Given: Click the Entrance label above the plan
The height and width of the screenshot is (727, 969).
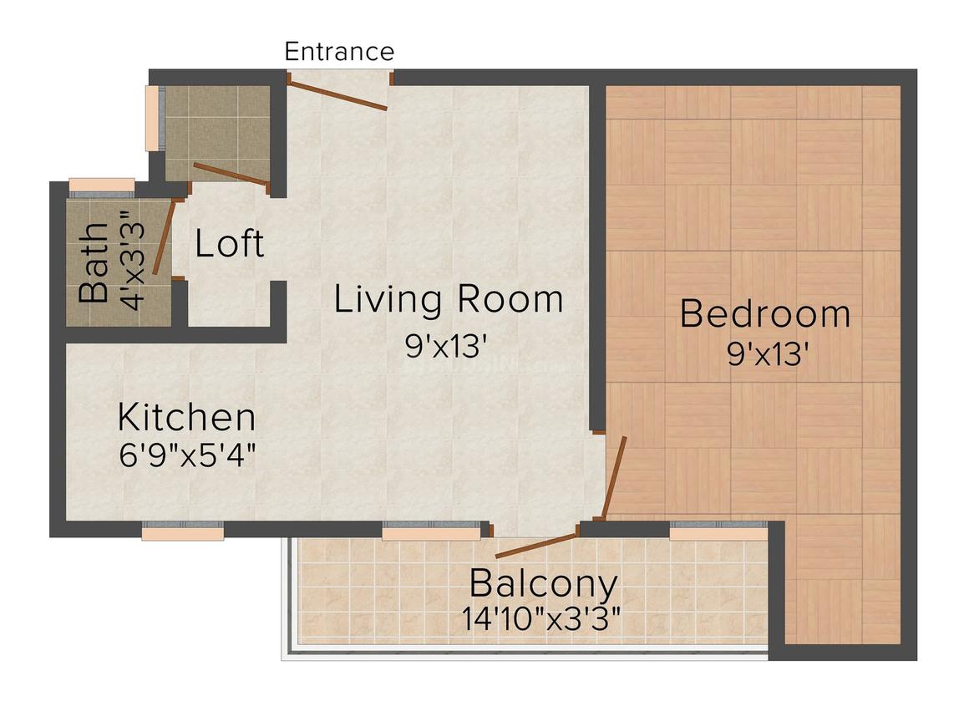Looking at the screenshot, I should point(339,52).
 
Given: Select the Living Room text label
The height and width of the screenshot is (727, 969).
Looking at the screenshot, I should point(449,299).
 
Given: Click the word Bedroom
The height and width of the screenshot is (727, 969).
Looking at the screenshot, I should point(765,314).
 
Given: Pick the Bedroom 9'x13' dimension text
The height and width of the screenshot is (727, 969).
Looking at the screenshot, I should point(768,355).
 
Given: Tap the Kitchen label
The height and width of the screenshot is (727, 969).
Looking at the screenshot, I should point(186,416).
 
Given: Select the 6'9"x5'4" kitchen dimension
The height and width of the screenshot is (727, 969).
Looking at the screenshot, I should point(187,456).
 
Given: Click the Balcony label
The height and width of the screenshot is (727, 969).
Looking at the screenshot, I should point(544,582).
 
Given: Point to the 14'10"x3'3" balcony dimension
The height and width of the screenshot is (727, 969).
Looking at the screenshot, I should point(541,619).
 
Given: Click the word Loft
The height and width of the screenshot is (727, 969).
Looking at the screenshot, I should point(230,243).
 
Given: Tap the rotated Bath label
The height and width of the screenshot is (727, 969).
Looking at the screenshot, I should point(94,262).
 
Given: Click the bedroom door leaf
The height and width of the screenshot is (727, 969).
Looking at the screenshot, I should point(614,477).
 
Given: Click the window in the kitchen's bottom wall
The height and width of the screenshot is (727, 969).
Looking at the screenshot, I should point(183,530).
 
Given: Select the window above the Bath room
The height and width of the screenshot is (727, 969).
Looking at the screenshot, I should point(101,186).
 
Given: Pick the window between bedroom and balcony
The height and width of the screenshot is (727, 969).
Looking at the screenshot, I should point(718,530).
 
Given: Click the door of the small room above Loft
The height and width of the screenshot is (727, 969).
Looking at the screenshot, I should point(230,173).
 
